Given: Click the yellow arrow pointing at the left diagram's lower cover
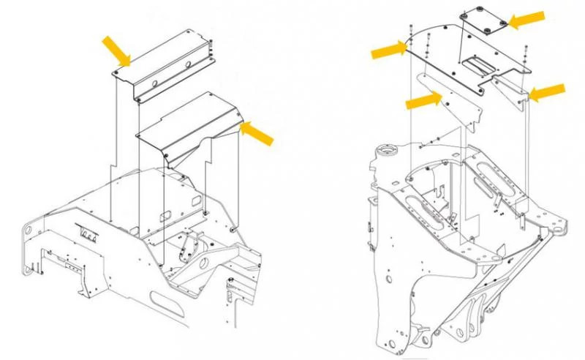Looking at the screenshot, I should coord(257,133).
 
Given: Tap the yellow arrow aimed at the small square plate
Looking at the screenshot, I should coord(526,20).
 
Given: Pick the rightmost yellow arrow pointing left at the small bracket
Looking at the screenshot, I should coord(547,92).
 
